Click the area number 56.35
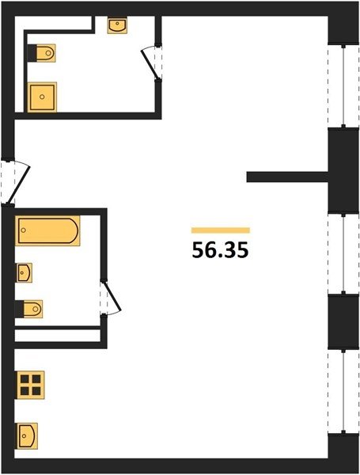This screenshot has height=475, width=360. (220, 250)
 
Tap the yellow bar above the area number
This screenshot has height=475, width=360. (221, 230)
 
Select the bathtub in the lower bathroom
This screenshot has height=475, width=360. (47, 231)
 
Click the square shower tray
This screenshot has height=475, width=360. (42, 97)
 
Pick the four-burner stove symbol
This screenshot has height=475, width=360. (30, 385)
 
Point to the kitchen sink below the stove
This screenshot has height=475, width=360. (27, 436)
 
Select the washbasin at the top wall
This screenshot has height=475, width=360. (117, 25)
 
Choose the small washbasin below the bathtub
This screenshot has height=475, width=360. (24, 272)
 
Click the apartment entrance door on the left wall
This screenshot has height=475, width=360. (15, 182)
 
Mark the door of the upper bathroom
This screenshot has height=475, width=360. (152, 63)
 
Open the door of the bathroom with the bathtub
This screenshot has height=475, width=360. (111, 298)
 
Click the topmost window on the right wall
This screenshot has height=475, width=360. (343, 86)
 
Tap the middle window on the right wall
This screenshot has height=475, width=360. (343, 253)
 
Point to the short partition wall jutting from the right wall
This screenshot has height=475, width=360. (288, 177)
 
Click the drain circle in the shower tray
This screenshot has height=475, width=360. (42, 97)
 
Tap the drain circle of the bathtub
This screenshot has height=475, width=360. (24, 230)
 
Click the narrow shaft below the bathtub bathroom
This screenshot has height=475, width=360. (58, 336)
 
